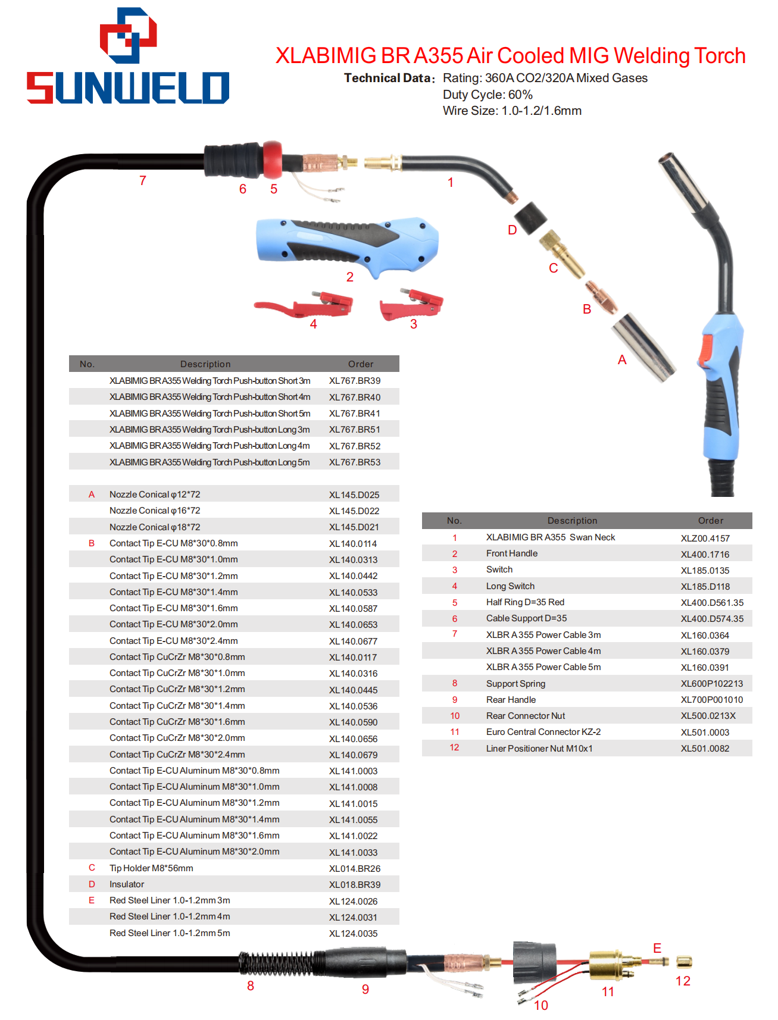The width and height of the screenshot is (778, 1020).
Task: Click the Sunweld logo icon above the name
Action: click(128, 35)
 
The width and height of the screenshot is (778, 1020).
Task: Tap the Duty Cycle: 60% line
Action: click(488, 95)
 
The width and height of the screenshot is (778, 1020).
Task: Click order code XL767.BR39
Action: click(355, 381)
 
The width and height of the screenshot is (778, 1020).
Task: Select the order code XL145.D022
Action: click(354, 511)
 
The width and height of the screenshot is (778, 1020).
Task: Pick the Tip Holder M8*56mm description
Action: click(151, 868)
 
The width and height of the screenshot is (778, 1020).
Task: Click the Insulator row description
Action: click(127, 884)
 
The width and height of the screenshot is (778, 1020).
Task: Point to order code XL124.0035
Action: click(354, 933)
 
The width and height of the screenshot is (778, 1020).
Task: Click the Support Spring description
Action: click(515, 684)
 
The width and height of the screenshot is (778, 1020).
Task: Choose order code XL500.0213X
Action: click(708, 716)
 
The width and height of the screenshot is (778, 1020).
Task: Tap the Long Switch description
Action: click(510, 586)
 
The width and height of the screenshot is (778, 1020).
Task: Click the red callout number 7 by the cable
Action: click(143, 181)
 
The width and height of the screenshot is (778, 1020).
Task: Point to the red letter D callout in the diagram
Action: click(513, 230)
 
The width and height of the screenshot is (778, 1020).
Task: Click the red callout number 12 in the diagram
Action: click(683, 981)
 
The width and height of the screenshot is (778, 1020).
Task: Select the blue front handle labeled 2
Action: click(347, 245)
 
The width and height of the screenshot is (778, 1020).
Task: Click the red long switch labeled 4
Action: click(304, 304)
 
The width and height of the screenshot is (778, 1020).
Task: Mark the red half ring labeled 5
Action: click(273, 159)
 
